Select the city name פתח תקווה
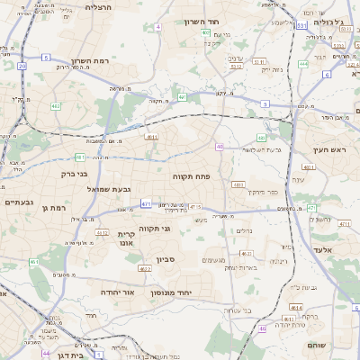[191, 176]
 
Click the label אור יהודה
[115, 292]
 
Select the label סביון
[166, 260]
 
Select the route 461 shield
[34, 262]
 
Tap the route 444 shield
[303, 64]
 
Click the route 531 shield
[301, 26]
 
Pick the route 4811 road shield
[151, 138]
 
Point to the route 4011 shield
[309, 167]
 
